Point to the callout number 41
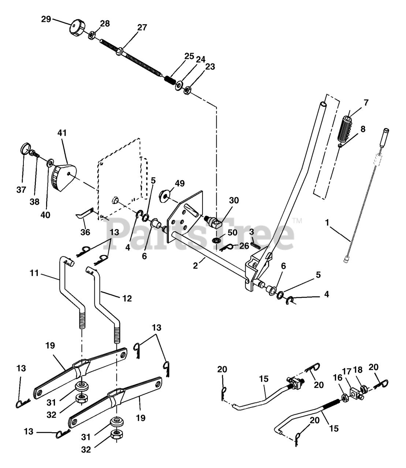tap(62, 133)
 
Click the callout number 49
tap(180, 183)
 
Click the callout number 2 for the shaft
tap(195, 266)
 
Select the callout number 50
tap(232, 233)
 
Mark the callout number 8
tap(363, 129)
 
